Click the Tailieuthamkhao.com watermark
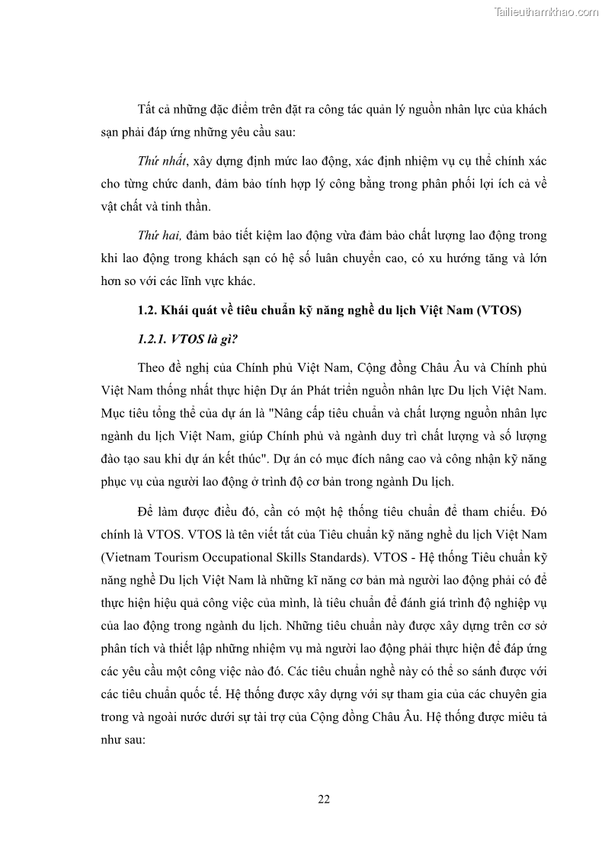[x=546, y=11]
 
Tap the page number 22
[x=323, y=799]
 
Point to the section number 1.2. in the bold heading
[x=147, y=310]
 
